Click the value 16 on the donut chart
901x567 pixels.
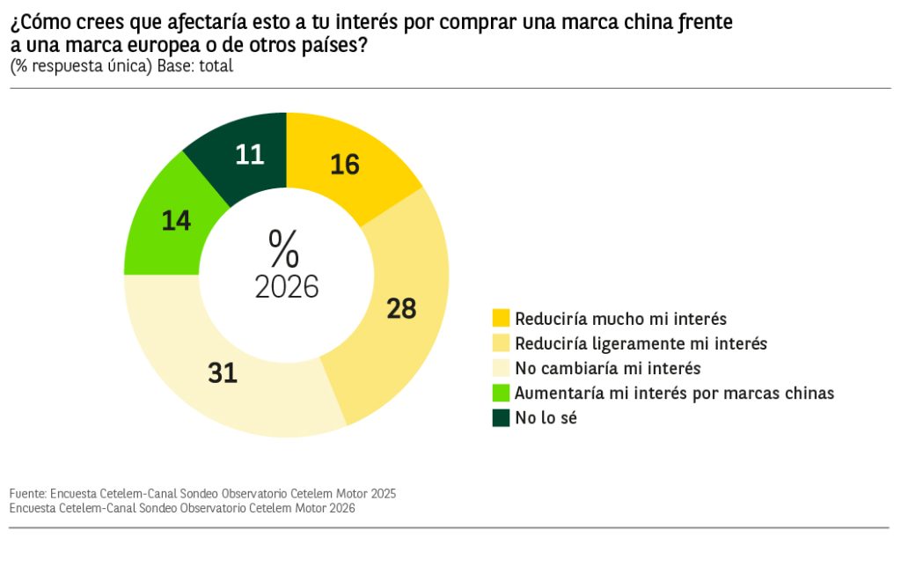pyautogui.click(x=345, y=165)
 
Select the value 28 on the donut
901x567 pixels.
pyautogui.click(x=400, y=308)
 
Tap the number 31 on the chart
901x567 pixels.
pyautogui.click(x=223, y=372)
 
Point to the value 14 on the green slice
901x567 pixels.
pyautogui.click(x=176, y=220)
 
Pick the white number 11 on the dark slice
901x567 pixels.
pyautogui.click(x=250, y=155)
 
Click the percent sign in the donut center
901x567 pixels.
pyautogui.click(x=284, y=248)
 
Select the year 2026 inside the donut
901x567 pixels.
pyautogui.click(x=286, y=287)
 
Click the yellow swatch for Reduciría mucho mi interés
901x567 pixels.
pyautogui.click(x=501, y=318)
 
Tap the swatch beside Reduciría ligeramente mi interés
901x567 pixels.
pyautogui.click(x=501, y=342)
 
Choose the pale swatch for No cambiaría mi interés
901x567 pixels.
pyautogui.click(x=501, y=368)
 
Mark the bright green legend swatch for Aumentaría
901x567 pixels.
pyautogui.click(x=501, y=393)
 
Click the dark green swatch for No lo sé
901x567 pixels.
pyautogui.click(x=501, y=418)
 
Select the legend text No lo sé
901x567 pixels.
pyautogui.click(x=546, y=418)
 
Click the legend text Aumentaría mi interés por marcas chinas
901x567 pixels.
pyautogui.click(x=674, y=393)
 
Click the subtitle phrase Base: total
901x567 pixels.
pyautogui.click(x=195, y=66)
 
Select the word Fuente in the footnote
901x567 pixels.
pyautogui.click(x=28, y=493)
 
